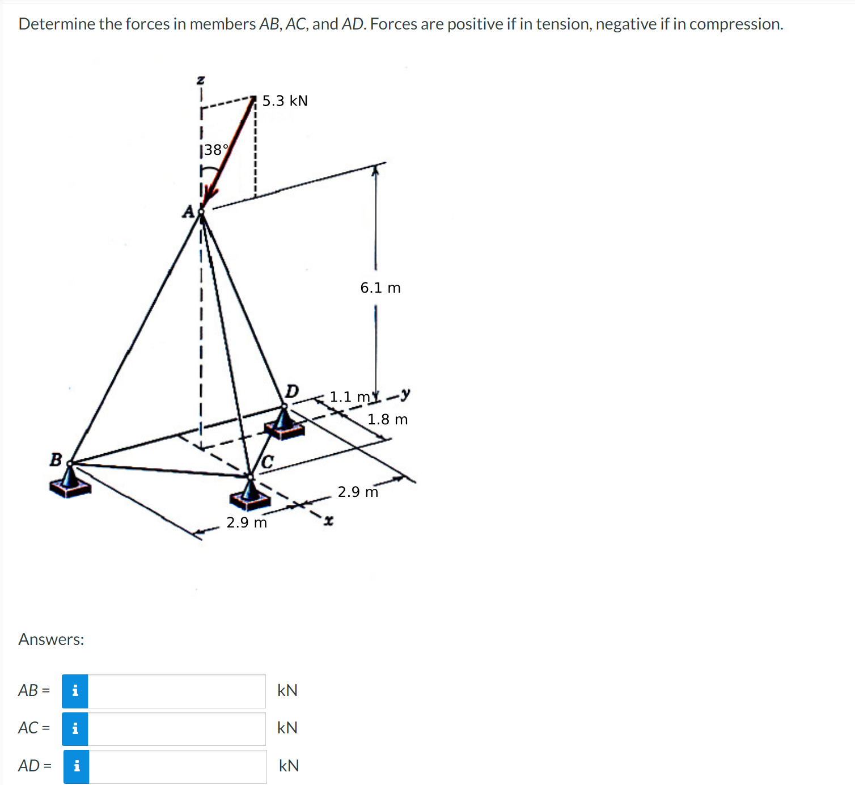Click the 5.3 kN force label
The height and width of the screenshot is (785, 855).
(x=285, y=101)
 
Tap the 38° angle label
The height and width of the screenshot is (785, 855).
(x=216, y=150)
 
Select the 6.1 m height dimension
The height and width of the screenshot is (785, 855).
(x=380, y=288)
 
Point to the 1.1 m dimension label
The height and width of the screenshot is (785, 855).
(x=349, y=396)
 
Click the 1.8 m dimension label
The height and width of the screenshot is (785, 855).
(x=387, y=420)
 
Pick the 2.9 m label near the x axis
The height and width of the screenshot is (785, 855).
(x=358, y=492)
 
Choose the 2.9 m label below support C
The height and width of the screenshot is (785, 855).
(x=247, y=522)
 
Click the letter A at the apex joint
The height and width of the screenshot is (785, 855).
(x=188, y=212)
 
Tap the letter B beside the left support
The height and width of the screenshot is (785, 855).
(x=56, y=459)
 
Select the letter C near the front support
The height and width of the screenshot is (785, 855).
(x=268, y=462)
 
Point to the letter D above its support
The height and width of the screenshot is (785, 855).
(x=291, y=391)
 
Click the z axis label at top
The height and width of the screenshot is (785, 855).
(x=200, y=80)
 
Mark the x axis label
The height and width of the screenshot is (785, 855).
(x=328, y=520)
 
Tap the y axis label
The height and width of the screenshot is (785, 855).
(x=405, y=393)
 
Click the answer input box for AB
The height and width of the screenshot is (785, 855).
(x=176, y=691)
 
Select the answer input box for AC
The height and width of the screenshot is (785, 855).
(x=176, y=729)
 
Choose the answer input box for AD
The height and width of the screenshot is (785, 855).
(x=177, y=766)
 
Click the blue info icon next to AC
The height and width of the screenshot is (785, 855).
(x=75, y=729)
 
